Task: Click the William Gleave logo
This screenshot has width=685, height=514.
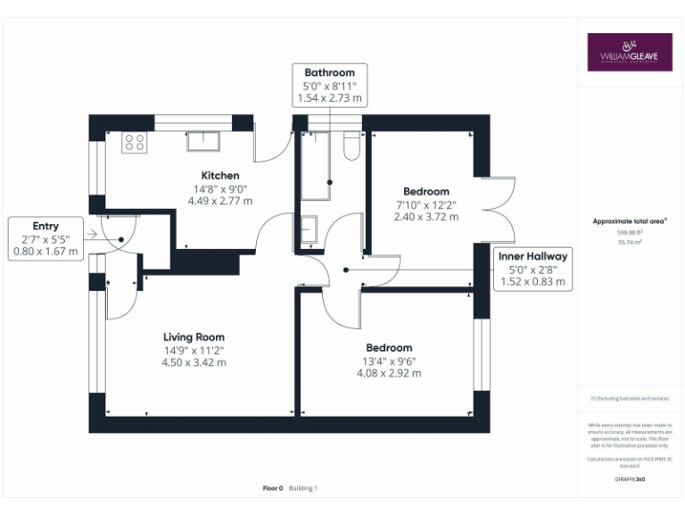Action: (x=630, y=53)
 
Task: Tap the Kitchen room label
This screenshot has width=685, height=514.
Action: (x=219, y=175)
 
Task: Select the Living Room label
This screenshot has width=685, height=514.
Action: (x=194, y=336)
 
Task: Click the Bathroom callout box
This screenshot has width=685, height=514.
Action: (x=329, y=86)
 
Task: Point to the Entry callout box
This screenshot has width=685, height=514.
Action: (x=45, y=239)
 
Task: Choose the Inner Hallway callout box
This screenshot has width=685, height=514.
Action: (x=532, y=269)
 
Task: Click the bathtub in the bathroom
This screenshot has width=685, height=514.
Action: (x=314, y=166)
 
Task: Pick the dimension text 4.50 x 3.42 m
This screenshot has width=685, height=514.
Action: (x=194, y=362)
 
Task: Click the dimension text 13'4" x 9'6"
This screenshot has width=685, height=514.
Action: (x=389, y=361)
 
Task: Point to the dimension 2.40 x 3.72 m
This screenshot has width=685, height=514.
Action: (x=426, y=217)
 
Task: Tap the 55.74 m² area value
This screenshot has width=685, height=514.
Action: (x=630, y=241)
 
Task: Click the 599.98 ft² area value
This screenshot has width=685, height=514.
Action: (x=630, y=231)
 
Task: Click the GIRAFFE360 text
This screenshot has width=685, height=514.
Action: (x=630, y=479)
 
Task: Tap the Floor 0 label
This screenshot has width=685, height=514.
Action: (x=273, y=488)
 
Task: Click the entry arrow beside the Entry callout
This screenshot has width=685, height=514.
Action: (x=92, y=235)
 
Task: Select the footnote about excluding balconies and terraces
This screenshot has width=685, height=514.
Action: (x=630, y=398)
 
